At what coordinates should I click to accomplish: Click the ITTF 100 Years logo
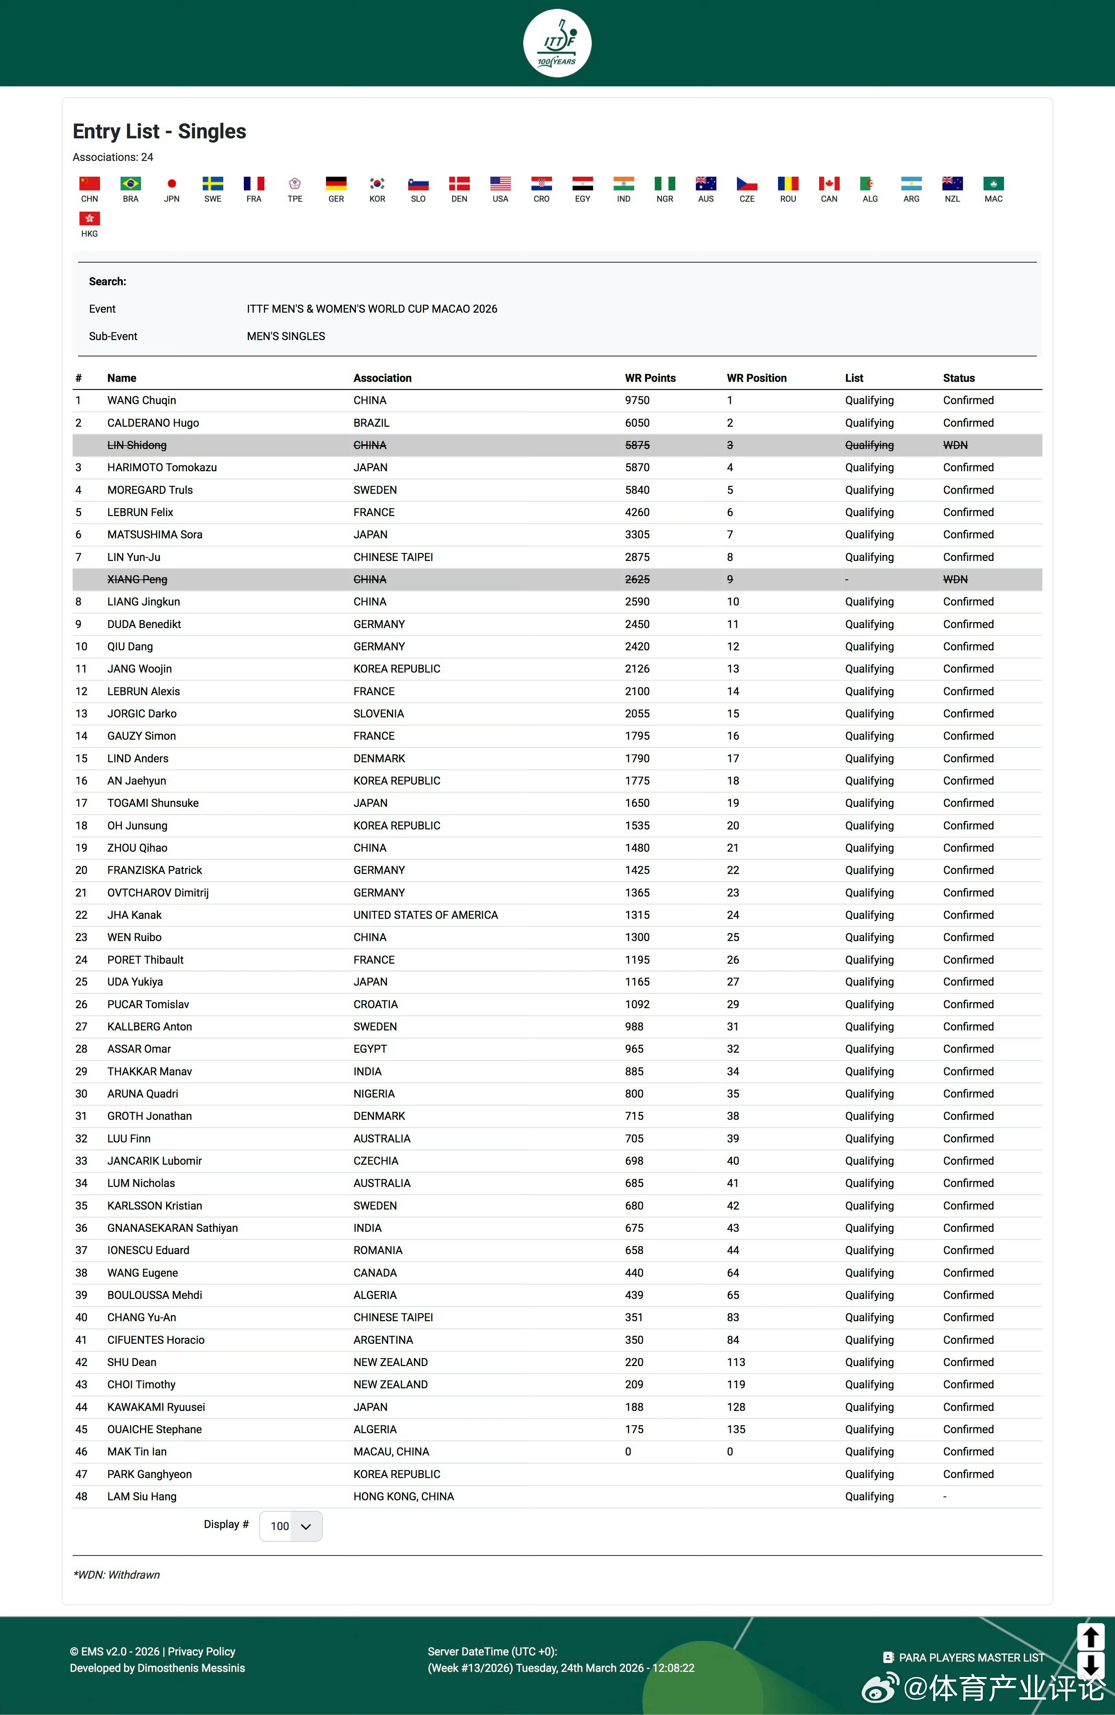click(557, 43)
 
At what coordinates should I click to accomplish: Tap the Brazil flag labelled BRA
click(130, 184)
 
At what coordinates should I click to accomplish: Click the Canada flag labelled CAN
click(829, 184)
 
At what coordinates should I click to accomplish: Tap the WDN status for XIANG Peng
click(955, 579)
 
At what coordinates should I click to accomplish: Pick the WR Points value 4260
click(637, 512)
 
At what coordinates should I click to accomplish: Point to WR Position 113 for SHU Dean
click(736, 1362)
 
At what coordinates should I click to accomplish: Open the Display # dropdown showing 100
click(290, 1526)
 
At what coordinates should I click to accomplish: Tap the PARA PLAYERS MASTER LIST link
click(971, 1657)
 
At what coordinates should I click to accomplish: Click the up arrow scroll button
click(1090, 1637)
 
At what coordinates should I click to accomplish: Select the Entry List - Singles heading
click(159, 131)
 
